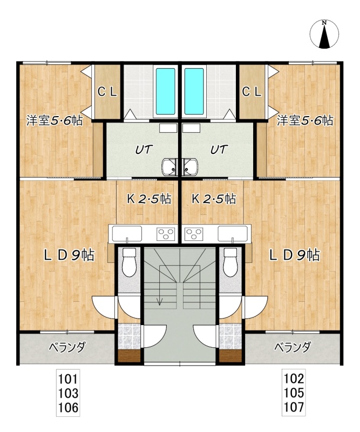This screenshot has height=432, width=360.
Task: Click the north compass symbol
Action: pyautogui.click(x=324, y=35)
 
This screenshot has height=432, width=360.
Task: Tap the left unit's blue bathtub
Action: pyautogui.click(x=166, y=91)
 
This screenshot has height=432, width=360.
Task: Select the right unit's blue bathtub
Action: pyautogui.click(x=194, y=91)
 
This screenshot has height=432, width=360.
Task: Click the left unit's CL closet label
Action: pyautogui.click(x=107, y=92)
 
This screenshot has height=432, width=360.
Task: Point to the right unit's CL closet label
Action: pyautogui.click(x=252, y=92)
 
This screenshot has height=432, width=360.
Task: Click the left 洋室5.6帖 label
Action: pyautogui.click(x=55, y=120)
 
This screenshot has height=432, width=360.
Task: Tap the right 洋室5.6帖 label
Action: pyautogui.click(x=305, y=120)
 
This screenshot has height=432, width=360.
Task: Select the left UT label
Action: pyautogui.click(x=144, y=150)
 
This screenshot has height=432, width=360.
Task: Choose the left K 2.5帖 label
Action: pyautogui.click(x=149, y=199)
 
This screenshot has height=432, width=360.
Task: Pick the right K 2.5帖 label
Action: pyautogui.click(x=214, y=199)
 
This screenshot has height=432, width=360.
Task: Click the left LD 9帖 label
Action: pyautogui.click(x=69, y=255)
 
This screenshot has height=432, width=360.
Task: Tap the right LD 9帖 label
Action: pyautogui.click(x=295, y=255)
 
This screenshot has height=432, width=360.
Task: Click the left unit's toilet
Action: pyautogui.click(x=129, y=262)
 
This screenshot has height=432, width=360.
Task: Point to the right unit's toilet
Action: pyautogui.click(x=231, y=262)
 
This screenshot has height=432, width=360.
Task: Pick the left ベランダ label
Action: pyautogui.click(x=67, y=347)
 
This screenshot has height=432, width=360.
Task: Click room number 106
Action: pyautogui.click(x=68, y=408)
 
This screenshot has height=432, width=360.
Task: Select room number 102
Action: pyautogui.click(x=294, y=379)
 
